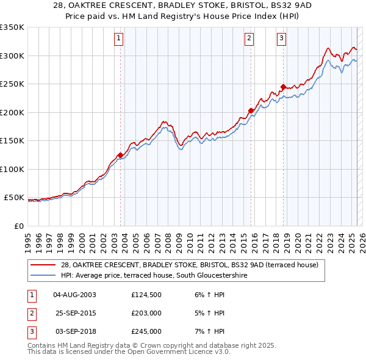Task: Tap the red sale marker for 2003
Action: click(121, 156)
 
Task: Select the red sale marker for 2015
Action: click(251, 110)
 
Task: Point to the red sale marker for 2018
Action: click(283, 87)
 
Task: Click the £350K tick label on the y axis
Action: click(12, 27)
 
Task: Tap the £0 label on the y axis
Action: click(18, 226)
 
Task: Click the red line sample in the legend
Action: click(44, 265)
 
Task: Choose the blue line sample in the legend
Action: click(44, 275)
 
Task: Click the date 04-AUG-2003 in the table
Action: click(75, 295)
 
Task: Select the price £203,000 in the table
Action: click(146, 313)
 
